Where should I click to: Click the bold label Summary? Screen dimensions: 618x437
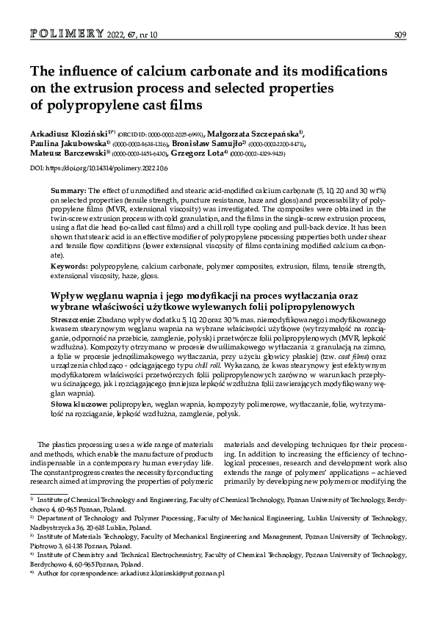[x=68, y=190]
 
